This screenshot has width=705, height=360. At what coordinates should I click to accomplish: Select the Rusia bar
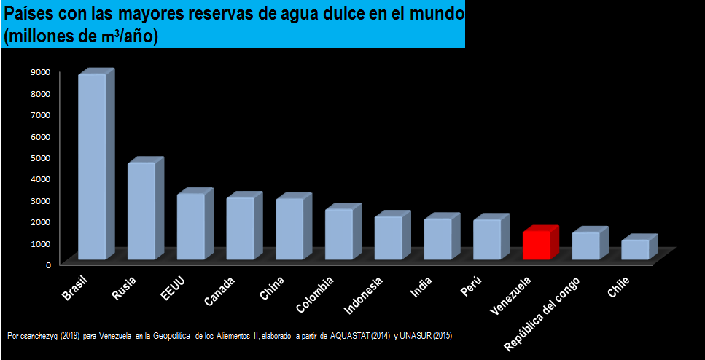coord(141,211)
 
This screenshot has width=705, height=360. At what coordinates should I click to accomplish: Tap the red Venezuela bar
coord(537,245)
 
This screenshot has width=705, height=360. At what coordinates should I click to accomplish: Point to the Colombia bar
coord(339,234)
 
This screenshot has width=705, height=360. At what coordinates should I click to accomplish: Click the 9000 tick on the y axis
coord(40,71)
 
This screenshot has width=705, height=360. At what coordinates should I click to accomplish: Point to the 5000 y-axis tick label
coord(40,157)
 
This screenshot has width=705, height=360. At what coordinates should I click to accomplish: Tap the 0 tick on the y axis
coord(47,265)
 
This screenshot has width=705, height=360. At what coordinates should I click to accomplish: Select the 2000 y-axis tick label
coord(40,222)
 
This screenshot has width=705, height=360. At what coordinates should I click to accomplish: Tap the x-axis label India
coord(421,287)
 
